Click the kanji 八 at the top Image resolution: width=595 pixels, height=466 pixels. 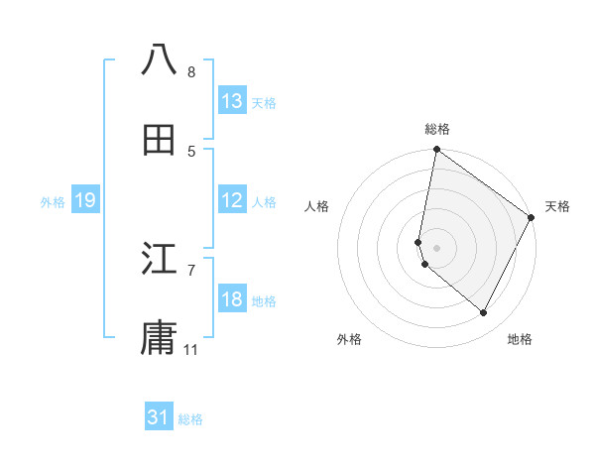tap(159, 60)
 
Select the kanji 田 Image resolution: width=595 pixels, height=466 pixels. tap(159, 140)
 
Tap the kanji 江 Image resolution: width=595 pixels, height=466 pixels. tap(159, 260)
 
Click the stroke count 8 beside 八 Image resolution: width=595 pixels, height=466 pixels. tap(191, 72)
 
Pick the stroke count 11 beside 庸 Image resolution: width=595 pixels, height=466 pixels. tap(191, 350)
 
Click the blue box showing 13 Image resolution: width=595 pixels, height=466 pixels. tap(232, 101)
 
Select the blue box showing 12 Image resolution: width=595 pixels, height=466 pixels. tap(232, 200)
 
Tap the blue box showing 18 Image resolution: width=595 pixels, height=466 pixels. tap(232, 299)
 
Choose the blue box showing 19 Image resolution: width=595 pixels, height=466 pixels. tap(85, 200)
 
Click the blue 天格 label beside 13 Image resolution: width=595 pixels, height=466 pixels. tap(264, 103)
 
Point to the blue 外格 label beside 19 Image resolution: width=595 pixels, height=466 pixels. tap(53, 202)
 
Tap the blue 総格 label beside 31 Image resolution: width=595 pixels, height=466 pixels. tap(190, 420)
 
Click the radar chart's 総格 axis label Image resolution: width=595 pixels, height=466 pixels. tap(437, 129)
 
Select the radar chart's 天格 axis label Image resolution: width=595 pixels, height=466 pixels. tap(558, 206)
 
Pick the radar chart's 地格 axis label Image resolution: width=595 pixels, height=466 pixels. tap(520, 339)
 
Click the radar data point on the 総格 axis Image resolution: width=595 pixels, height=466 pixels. tap(436, 151)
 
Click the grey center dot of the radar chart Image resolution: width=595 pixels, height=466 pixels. tap(436, 248)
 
